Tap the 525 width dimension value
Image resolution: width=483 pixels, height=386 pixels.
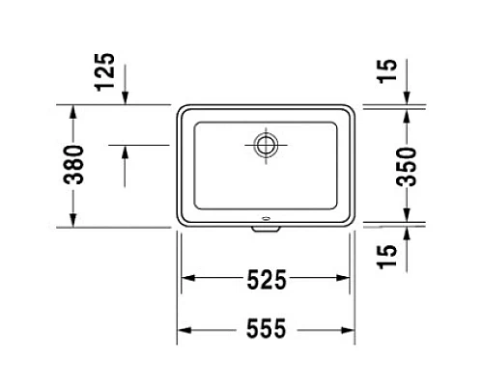tap(266, 280)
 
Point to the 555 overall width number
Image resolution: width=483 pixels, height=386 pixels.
tap(266, 330)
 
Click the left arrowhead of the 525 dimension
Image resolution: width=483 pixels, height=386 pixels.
tap(188, 280)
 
